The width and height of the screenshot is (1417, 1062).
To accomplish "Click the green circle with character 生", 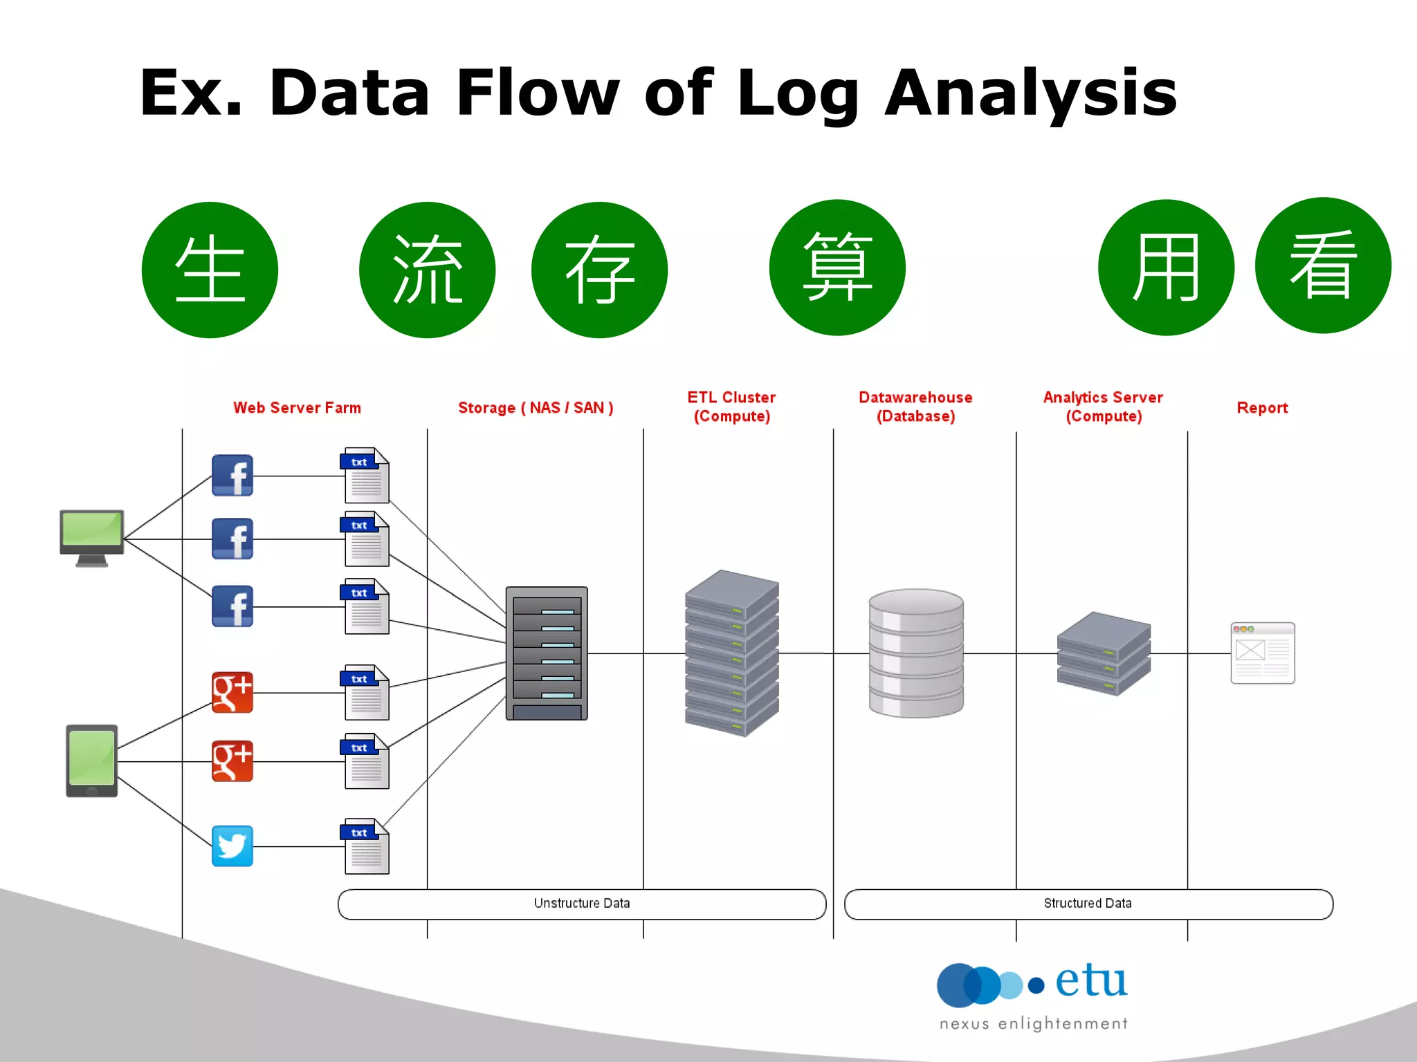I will pyautogui.click(x=210, y=270).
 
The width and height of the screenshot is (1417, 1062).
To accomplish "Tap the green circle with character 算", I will pyautogui.click(x=837, y=268).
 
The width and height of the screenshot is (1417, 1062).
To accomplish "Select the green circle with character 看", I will pyautogui.click(x=1323, y=265).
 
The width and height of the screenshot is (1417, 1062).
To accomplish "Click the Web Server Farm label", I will pyautogui.click(x=297, y=408).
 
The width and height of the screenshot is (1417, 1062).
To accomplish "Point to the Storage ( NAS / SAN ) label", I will pyautogui.click(x=536, y=408).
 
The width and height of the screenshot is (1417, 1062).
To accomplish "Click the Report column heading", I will pyautogui.click(x=1262, y=408).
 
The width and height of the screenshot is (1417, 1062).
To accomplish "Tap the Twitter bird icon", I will pyautogui.click(x=232, y=846).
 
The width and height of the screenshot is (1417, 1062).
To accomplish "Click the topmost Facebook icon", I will pyautogui.click(x=232, y=476).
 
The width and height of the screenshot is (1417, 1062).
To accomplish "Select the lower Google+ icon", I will pyautogui.click(x=232, y=761).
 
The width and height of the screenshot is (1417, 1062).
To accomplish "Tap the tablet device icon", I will pyautogui.click(x=92, y=761).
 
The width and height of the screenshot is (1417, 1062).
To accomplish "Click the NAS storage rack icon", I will pyautogui.click(x=547, y=653).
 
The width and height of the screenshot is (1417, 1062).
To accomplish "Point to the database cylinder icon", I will pyautogui.click(x=916, y=653).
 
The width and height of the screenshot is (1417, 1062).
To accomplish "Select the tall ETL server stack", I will pyautogui.click(x=732, y=653).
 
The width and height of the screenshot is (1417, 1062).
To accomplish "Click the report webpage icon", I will pyautogui.click(x=1263, y=653).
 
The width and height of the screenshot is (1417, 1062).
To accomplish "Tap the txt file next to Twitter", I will pyautogui.click(x=366, y=846).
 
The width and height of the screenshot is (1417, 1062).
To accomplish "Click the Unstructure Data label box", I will pyautogui.click(x=582, y=904).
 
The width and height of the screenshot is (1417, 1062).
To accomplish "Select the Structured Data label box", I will pyautogui.click(x=1088, y=904).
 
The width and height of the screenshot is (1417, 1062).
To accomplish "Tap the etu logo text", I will pyautogui.click(x=1091, y=982).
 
